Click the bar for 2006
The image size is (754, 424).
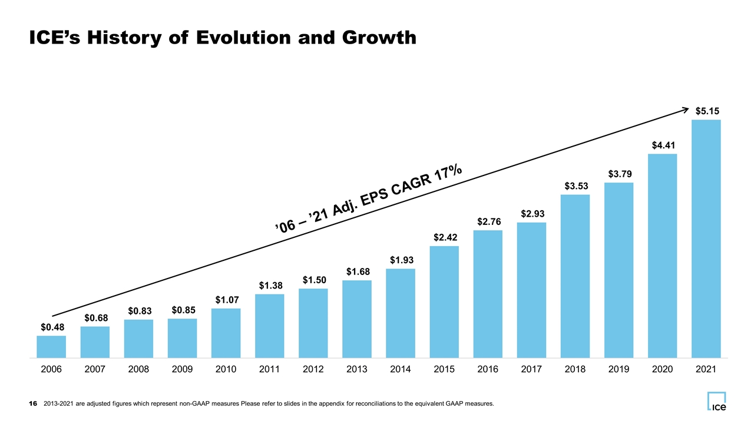[x=51, y=347]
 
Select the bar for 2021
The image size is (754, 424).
[x=706, y=238]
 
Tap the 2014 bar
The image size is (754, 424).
[x=401, y=313]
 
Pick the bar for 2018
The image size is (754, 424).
[x=576, y=276]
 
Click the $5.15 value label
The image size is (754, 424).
[x=707, y=111]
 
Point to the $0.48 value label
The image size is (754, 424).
[x=52, y=327]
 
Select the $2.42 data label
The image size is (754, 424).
[x=445, y=237]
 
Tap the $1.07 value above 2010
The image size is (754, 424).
[x=227, y=300]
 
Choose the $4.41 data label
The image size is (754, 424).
[x=663, y=145]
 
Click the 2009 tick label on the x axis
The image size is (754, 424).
[x=182, y=369]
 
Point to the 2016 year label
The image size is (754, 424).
[x=488, y=369]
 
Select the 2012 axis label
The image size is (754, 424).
[x=313, y=369]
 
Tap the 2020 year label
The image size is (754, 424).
[x=663, y=369]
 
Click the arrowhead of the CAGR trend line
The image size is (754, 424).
[x=687, y=109]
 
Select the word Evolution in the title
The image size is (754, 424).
[x=243, y=37]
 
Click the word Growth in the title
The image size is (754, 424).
[x=379, y=37]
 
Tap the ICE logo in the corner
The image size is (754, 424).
[x=717, y=402]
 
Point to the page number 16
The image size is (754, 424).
[x=33, y=403]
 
